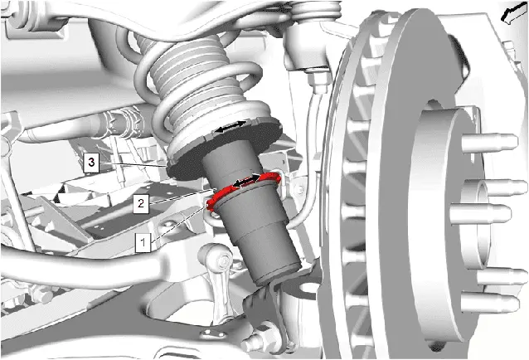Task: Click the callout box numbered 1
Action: (143, 242)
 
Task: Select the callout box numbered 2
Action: (141, 203)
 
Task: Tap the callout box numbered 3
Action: (91, 163)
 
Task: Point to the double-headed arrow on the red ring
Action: (246, 181)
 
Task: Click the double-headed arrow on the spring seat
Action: (231, 127)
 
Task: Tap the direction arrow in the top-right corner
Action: (514, 12)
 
